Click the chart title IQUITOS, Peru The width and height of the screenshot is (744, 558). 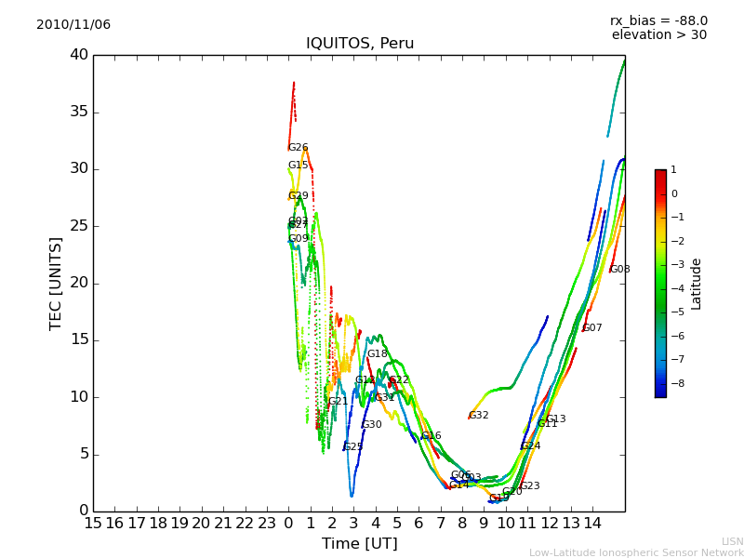click(360, 44)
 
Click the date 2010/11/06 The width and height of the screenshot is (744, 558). click(73, 25)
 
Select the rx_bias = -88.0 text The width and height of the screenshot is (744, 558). click(658, 20)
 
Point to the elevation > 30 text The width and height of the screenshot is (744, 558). click(658, 35)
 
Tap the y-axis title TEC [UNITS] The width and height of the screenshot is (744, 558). click(56, 284)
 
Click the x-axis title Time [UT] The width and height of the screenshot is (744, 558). click(359, 543)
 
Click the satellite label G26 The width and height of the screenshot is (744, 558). click(298, 148)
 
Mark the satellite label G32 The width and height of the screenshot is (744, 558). click(478, 416)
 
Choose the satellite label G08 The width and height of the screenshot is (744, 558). click(619, 270)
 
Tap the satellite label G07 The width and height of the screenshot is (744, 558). click(592, 328)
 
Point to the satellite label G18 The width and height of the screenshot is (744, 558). click(377, 354)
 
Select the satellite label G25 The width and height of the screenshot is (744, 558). click(353, 447)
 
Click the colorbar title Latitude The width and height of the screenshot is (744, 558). click(697, 284)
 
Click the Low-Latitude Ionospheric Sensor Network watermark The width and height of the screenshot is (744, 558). click(636, 552)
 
